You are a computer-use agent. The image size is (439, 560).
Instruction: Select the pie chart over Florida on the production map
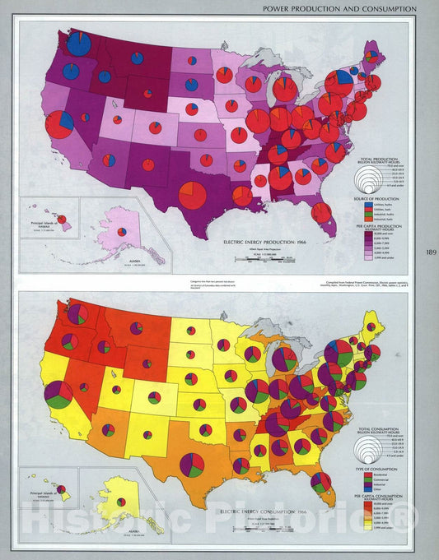coord(323,213)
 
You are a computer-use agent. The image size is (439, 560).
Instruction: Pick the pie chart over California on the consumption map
coord(58,394)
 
